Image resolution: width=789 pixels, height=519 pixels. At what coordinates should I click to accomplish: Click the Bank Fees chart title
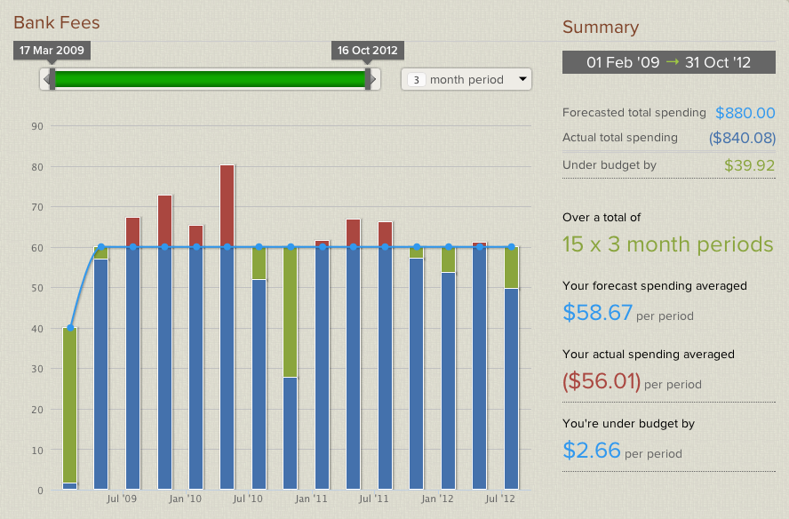click(x=57, y=22)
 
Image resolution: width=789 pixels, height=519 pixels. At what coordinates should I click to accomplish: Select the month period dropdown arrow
click(x=522, y=80)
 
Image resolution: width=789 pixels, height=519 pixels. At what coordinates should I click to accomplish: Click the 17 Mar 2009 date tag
click(x=52, y=50)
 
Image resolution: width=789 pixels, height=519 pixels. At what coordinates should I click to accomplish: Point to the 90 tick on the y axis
click(x=37, y=126)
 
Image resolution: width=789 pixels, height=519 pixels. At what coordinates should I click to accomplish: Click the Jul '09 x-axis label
click(x=123, y=499)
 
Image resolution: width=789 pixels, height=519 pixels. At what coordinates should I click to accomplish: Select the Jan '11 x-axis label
click(x=313, y=499)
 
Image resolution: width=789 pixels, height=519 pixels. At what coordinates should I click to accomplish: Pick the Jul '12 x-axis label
click(x=503, y=499)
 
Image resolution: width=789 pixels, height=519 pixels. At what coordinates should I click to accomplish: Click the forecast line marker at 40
click(x=70, y=328)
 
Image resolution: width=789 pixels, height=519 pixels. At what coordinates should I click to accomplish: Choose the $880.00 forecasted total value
click(x=745, y=113)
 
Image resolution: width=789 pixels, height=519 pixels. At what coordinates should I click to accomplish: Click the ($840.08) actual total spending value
click(x=742, y=138)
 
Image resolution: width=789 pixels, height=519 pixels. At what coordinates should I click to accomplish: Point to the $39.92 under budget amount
click(x=749, y=164)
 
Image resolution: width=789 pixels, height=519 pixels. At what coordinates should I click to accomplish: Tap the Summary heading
click(x=601, y=28)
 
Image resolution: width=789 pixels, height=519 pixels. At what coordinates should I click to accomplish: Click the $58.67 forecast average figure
click(x=598, y=313)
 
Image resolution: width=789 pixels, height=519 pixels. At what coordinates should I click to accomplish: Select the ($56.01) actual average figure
click(x=602, y=382)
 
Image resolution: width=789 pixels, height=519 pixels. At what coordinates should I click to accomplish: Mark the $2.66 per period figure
click(x=592, y=451)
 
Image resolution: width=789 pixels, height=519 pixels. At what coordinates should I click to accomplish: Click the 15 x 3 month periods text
click(x=667, y=244)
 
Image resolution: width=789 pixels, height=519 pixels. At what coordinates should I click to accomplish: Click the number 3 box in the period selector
click(x=415, y=80)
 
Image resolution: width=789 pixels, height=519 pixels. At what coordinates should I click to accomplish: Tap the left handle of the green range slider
click(x=52, y=79)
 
